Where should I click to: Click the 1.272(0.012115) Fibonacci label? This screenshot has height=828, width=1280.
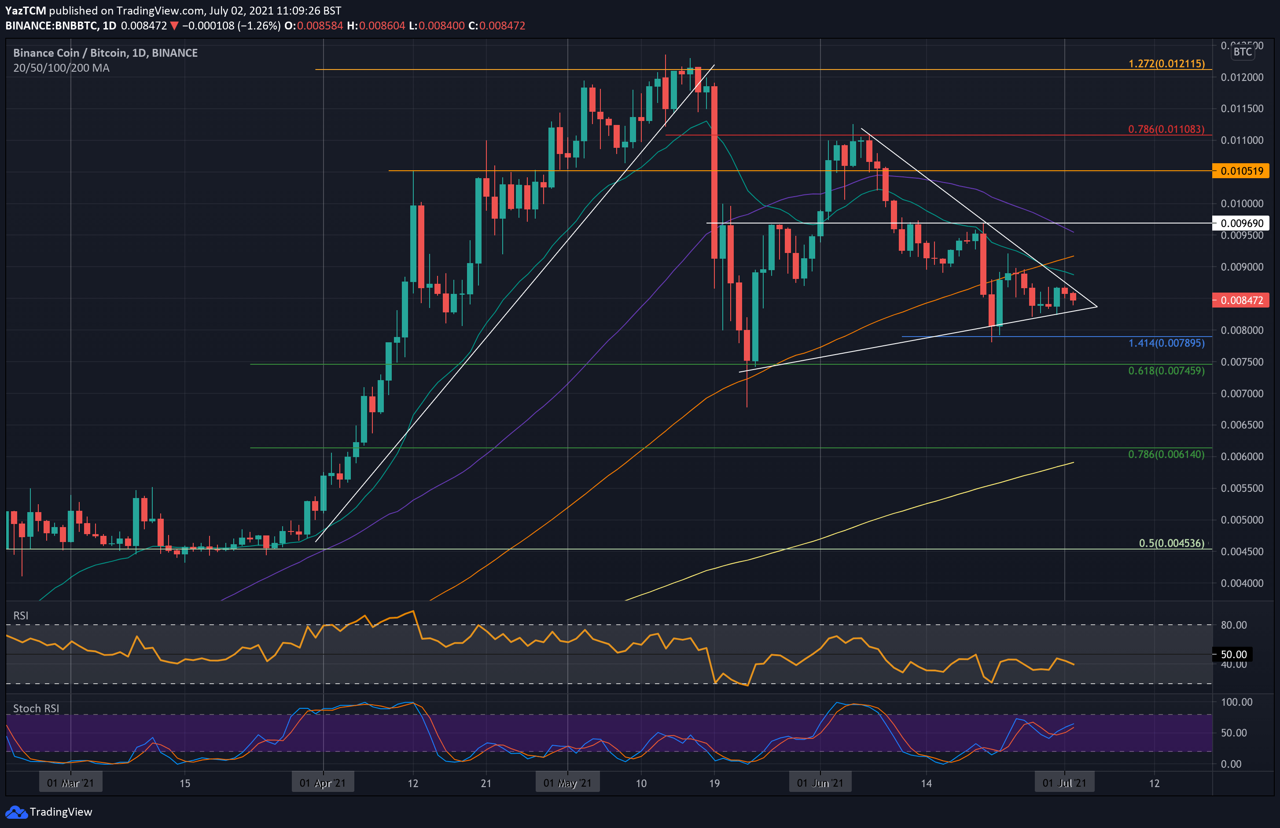1166,63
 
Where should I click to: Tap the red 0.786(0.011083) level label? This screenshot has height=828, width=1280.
1166,129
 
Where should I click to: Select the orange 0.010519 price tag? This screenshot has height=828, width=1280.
1241,171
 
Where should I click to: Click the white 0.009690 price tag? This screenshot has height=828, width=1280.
1241,223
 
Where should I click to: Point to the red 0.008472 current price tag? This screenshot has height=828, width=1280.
1241,300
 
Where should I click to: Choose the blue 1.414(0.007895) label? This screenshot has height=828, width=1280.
1166,343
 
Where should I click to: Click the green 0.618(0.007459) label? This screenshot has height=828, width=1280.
1166,370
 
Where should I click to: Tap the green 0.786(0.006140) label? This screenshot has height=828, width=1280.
1166,454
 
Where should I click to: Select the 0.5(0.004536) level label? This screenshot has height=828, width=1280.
1171,543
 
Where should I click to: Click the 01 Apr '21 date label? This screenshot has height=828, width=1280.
323,783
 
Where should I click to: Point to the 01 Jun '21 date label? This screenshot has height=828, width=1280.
820,783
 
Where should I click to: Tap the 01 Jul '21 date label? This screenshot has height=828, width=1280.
1064,783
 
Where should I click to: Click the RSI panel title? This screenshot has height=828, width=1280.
21,616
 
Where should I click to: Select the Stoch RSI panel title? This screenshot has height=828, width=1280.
36,709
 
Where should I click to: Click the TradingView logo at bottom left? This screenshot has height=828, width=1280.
48,812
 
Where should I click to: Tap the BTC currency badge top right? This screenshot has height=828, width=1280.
1242,51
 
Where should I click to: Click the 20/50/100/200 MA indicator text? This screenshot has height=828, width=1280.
61,68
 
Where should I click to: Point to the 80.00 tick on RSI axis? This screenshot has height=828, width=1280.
1233,625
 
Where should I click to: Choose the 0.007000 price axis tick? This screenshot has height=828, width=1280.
1242,394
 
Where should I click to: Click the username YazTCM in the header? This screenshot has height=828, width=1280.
25,10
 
